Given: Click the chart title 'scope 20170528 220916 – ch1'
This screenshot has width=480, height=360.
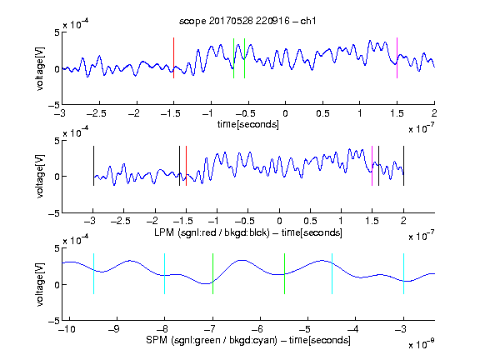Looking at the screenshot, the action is click(247, 21).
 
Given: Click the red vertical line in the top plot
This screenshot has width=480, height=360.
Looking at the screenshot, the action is click(173, 57).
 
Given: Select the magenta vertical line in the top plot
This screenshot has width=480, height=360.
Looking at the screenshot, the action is click(397, 57).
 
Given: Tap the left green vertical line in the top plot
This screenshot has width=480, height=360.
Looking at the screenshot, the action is click(233, 58).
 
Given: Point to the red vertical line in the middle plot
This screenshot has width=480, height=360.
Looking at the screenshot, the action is click(186, 166).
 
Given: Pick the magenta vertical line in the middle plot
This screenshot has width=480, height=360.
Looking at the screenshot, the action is click(372, 166).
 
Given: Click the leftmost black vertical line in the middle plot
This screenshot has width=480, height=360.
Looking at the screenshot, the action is click(93, 166).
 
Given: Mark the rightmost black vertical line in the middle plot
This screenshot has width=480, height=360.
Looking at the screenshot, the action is click(403, 166).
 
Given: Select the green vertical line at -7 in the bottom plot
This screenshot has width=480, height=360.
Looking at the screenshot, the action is click(212, 273).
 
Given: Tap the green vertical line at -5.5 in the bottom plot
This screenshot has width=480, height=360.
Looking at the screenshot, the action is click(284, 273).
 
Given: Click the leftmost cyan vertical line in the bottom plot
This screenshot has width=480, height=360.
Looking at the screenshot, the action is click(93, 273).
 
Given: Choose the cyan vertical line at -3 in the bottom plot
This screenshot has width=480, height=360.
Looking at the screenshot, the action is click(403, 273).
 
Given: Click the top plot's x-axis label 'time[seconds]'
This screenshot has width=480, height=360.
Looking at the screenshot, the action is click(248, 124).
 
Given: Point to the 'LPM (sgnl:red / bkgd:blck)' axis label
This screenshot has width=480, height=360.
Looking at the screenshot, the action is click(212, 232).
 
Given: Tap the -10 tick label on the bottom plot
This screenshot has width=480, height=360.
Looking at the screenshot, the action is click(66, 329).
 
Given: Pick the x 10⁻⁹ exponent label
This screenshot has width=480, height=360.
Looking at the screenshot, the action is click(422, 344).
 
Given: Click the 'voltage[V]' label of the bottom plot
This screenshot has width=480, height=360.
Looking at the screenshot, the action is click(40, 284).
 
